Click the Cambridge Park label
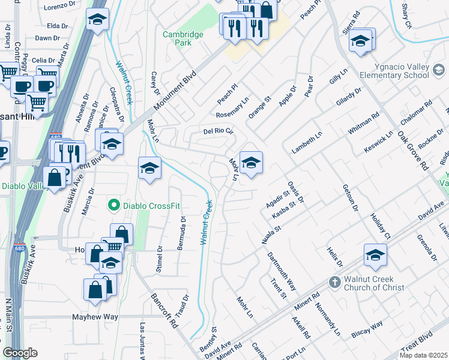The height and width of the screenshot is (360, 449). [183, 39]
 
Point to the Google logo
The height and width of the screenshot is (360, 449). [20, 353]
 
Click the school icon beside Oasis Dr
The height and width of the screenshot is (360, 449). [251, 162]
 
